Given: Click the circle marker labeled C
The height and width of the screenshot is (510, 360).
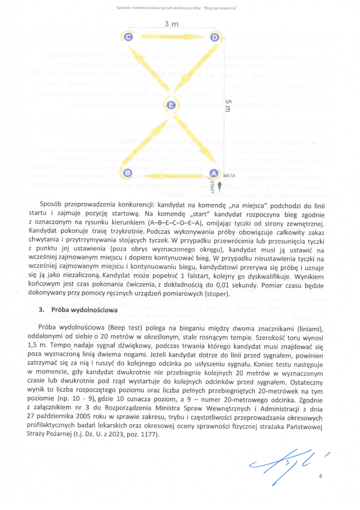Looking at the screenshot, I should pos(128,37).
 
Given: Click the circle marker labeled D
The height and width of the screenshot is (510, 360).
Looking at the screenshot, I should pos(215,37).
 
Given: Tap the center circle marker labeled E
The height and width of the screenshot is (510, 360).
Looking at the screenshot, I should pos(171,105).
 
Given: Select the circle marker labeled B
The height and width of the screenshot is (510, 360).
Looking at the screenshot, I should pos(128,173).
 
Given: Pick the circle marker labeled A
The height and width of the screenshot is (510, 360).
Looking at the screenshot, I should pos(214,173).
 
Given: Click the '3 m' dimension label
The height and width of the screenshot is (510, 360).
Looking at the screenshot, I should pos(171,24).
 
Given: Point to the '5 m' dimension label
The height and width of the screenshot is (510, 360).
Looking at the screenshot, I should pos(228,106).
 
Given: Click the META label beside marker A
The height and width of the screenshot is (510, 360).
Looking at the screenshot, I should pos(229,176).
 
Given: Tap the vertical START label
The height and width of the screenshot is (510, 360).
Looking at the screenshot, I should pos(212,187).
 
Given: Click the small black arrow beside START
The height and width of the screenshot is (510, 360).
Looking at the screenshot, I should pos(220,185).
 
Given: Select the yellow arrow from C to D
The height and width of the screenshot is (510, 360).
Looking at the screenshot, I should pos(171,37).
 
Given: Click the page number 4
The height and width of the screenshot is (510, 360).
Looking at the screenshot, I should pos(320,476).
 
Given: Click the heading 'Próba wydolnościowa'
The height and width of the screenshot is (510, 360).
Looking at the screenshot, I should pos(84,310).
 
